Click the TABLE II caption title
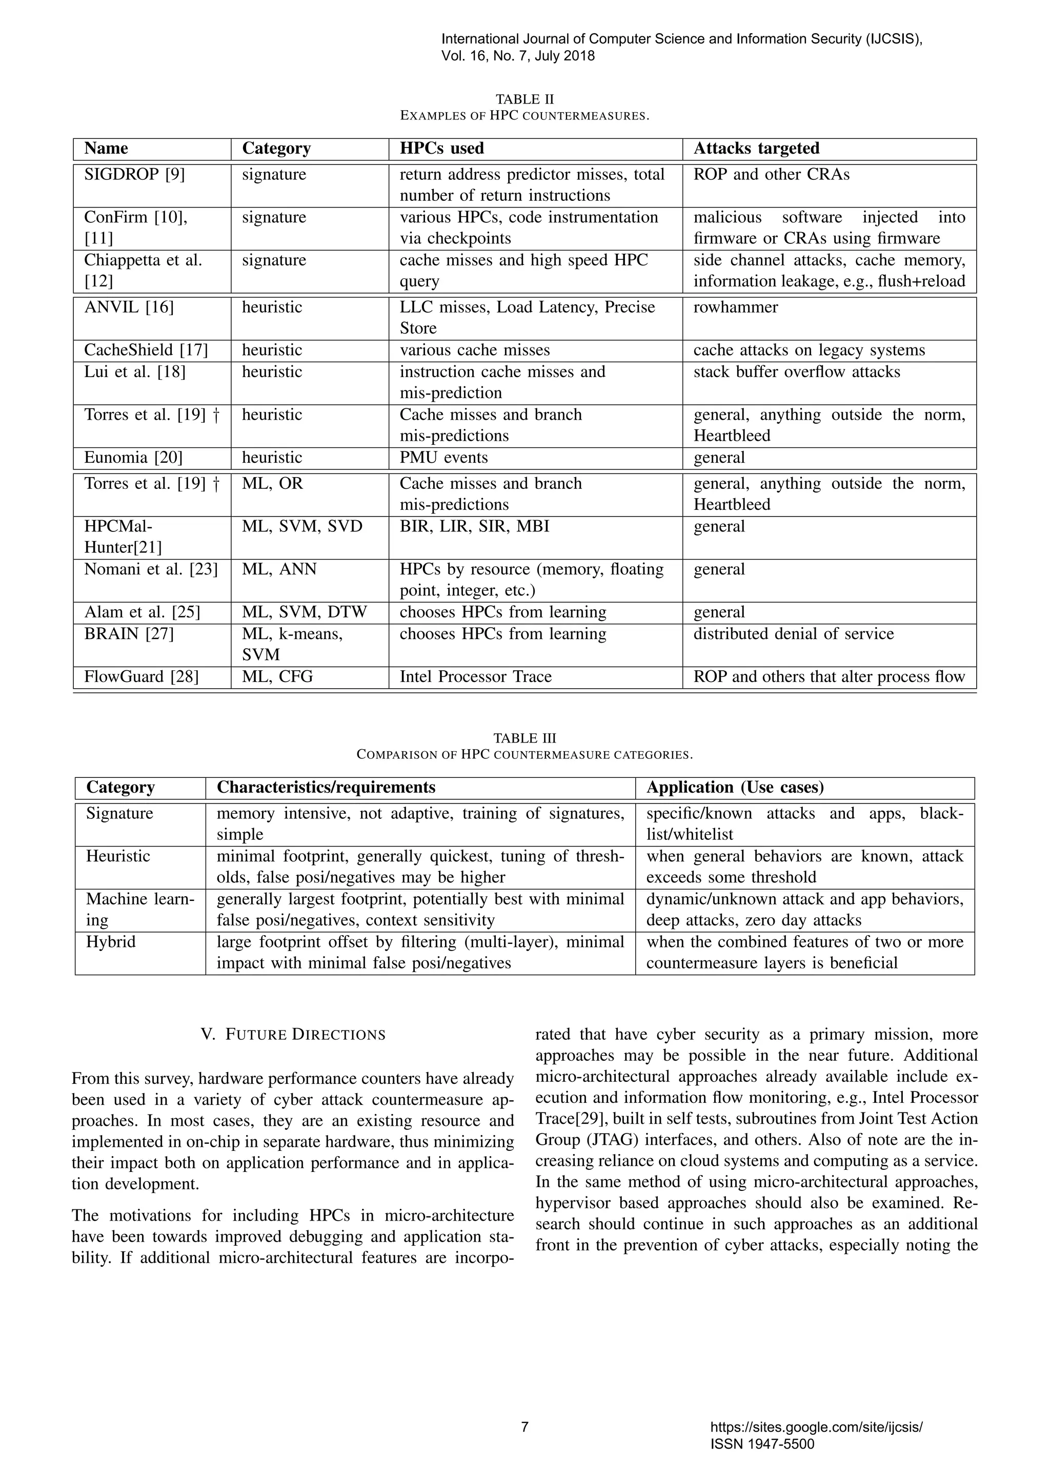click(x=524, y=99)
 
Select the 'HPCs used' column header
click(x=441, y=149)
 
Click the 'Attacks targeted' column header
click(x=756, y=149)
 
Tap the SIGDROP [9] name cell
click(x=134, y=175)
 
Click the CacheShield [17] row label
click(x=146, y=351)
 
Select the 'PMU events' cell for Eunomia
click(x=443, y=458)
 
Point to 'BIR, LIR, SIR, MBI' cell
click(x=474, y=527)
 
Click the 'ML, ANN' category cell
click(x=279, y=569)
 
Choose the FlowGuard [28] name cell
click(x=141, y=677)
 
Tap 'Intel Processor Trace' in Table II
click(x=475, y=677)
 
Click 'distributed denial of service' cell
click(x=793, y=634)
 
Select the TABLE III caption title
click(x=524, y=738)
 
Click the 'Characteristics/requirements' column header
click(x=326, y=787)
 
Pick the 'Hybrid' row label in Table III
click(x=111, y=942)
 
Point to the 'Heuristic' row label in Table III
click(x=118, y=856)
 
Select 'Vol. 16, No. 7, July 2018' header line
click(x=518, y=56)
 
